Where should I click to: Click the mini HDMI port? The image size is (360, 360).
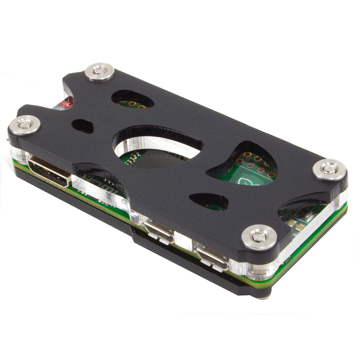tap(48, 172)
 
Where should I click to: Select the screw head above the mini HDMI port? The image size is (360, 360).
tap(24, 125)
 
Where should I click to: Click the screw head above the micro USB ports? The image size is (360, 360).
tap(259, 237)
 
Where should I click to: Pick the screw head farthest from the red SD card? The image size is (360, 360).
tap(329, 169)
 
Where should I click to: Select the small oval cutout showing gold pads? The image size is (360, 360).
tap(132, 99)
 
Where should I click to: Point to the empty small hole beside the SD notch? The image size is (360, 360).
tap(82, 126)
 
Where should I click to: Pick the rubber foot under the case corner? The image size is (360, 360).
tap(263, 296)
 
